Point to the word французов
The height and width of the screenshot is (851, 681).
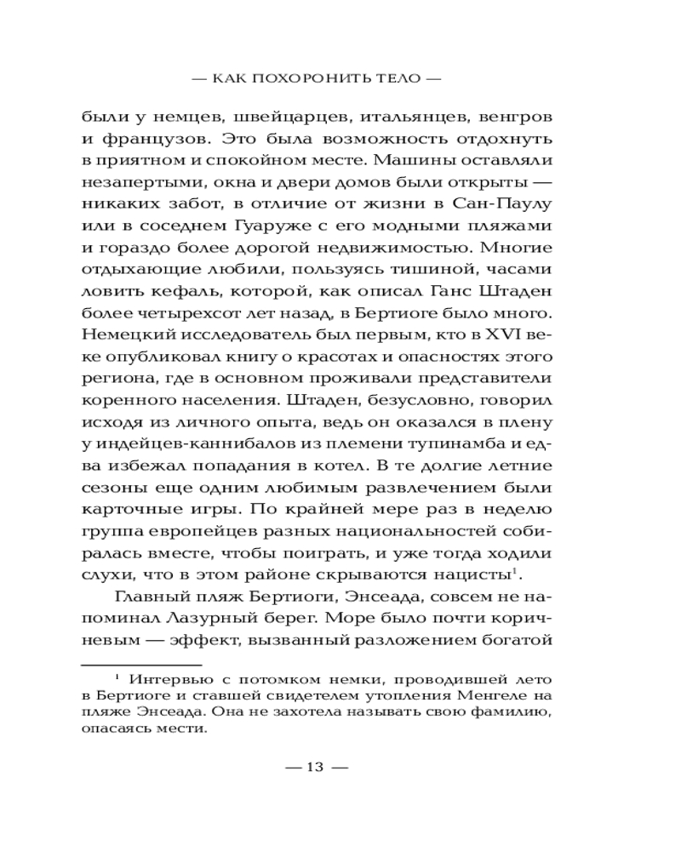[142, 138]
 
